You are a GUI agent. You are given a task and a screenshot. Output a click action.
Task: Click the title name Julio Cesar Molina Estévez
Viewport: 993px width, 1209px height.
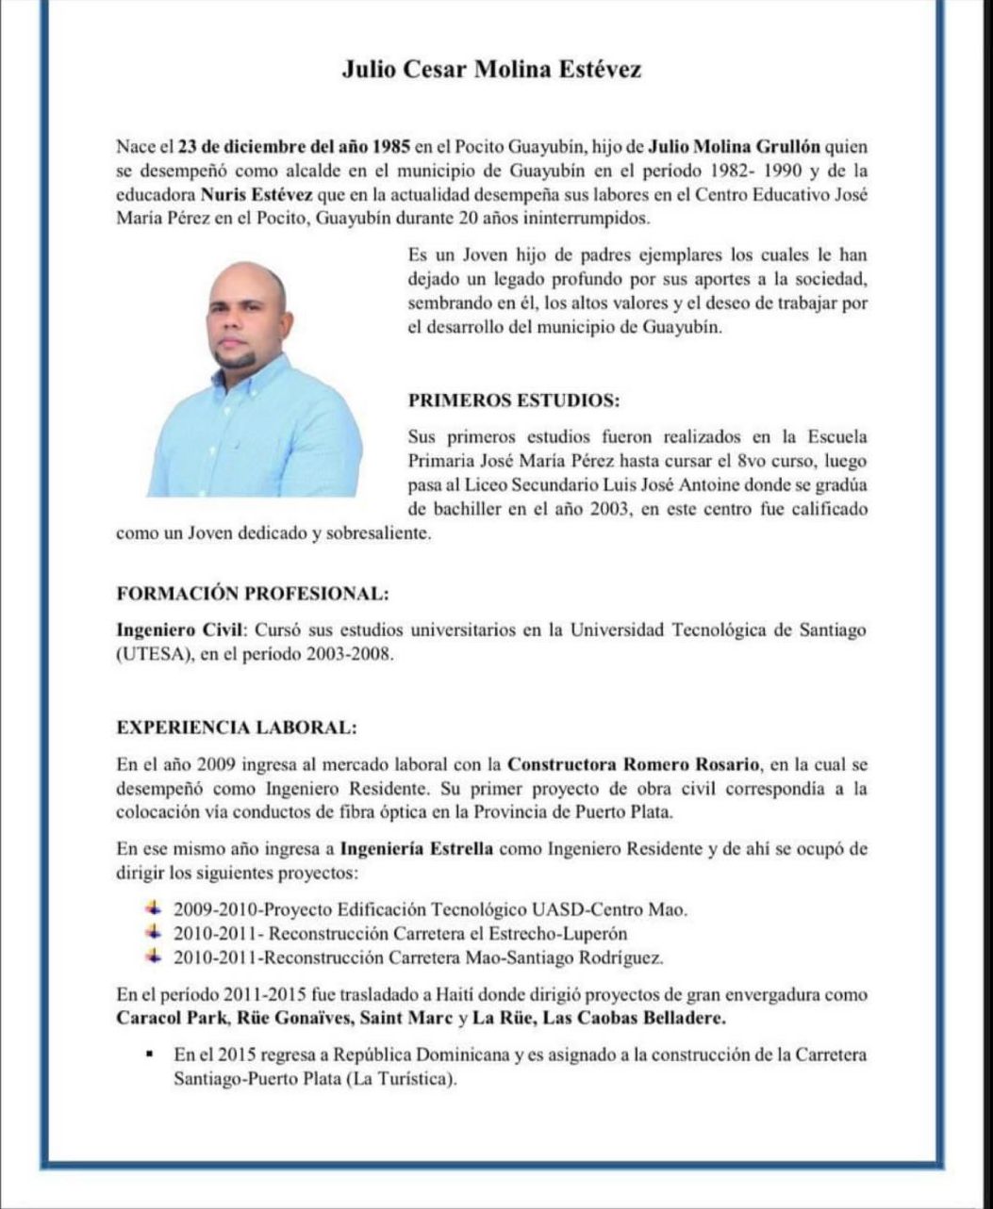(x=491, y=70)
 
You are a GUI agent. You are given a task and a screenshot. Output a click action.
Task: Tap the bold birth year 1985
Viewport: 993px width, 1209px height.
(x=389, y=147)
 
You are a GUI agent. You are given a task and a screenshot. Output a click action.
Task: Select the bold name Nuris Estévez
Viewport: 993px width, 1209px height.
(x=249, y=196)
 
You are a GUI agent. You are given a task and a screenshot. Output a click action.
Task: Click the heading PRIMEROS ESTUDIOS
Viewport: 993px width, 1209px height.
(x=514, y=400)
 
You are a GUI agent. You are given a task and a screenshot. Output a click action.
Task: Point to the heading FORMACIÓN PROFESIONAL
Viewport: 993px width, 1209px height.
(x=252, y=594)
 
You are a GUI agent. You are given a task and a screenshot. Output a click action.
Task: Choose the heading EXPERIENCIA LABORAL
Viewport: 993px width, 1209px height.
(x=236, y=728)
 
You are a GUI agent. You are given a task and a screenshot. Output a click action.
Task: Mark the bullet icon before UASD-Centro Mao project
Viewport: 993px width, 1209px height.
(x=154, y=909)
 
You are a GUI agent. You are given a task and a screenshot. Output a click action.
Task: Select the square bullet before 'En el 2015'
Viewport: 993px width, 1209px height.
(x=151, y=1054)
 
